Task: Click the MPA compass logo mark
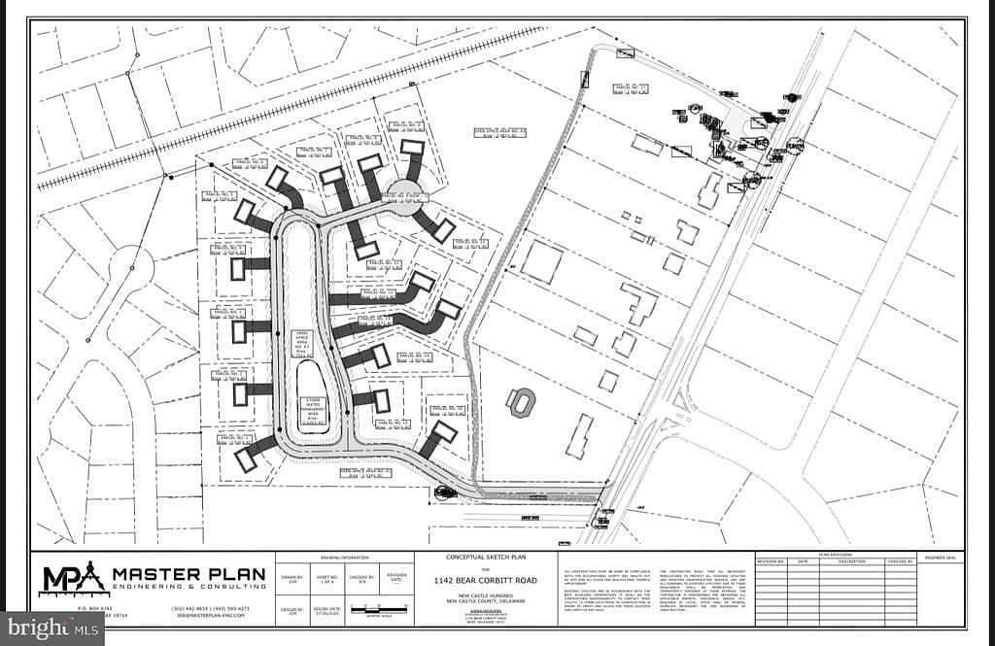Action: click(x=72, y=578)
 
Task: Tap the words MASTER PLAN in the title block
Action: click(x=189, y=573)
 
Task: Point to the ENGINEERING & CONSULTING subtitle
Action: click(x=189, y=588)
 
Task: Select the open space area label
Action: click(x=302, y=344)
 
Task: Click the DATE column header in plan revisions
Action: click(x=803, y=561)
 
